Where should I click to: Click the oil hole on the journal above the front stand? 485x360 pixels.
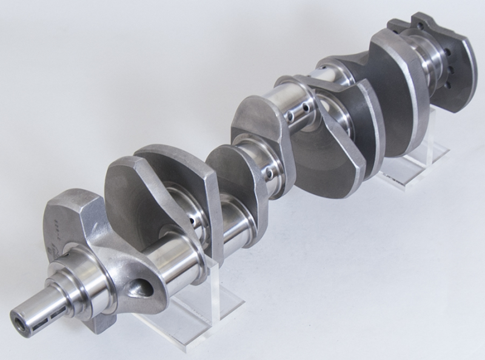[193, 222]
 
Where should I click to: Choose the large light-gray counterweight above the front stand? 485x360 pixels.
[164, 182]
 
